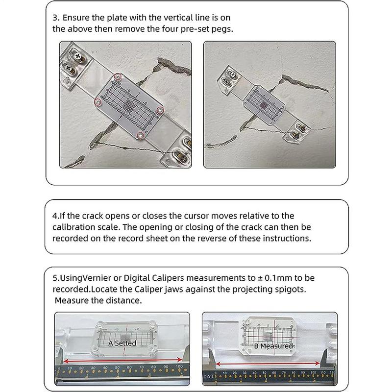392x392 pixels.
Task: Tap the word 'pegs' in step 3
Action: point(222,28)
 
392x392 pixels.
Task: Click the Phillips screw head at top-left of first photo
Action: point(65,64)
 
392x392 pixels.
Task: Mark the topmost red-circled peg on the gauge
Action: point(117,76)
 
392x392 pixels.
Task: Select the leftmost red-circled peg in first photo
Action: point(98,101)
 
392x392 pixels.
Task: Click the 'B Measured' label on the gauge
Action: point(273,346)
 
